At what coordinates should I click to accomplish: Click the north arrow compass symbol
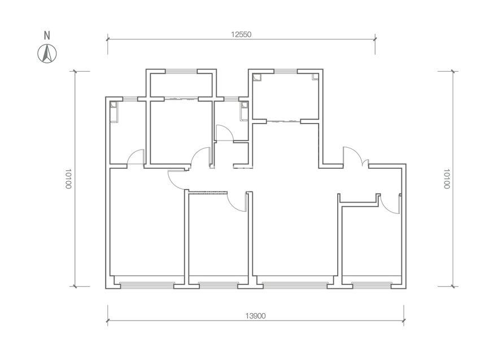pos(47,54)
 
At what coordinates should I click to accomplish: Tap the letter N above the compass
pos(47,36)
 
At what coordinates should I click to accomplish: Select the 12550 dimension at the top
pos(241,34)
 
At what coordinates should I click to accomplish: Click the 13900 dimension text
pos(255,316)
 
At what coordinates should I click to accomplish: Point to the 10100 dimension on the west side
pos(68,179)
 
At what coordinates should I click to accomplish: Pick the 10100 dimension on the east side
pos(447,179)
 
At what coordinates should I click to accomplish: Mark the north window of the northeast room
pos(286,71)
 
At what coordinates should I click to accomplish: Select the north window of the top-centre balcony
pos(181,71)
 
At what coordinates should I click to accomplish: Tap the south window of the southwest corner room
pos(147,285)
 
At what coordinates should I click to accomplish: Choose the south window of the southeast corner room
pos(372,285)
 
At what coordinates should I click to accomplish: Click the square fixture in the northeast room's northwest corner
pos(257,77)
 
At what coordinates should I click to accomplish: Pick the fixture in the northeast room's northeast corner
pos(315,77)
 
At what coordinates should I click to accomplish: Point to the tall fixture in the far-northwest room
pos(114,112)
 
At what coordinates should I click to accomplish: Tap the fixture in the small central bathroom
pos(244,111)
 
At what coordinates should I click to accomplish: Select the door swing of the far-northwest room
pos(136,157)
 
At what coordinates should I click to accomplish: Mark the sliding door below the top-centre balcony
pos(181,99)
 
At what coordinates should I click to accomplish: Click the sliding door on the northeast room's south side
pos(283,121)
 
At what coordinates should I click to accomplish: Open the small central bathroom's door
pos(224,133)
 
